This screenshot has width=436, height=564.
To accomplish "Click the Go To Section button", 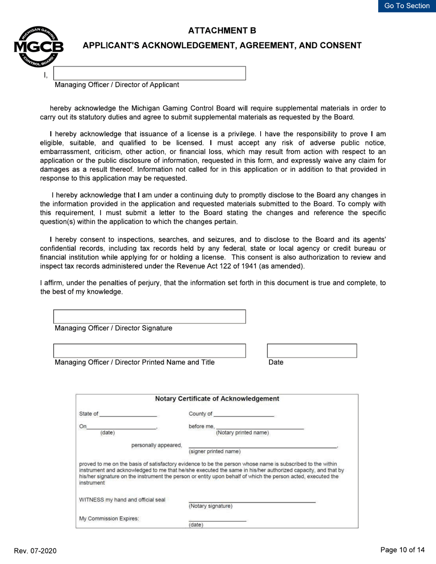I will point(407,6).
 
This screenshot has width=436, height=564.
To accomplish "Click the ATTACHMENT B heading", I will point(222,31).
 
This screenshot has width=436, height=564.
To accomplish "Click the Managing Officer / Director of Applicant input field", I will point(150,73).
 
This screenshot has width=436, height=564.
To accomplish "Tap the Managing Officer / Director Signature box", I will point(150,317).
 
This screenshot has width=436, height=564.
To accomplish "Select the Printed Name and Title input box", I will point(150,351).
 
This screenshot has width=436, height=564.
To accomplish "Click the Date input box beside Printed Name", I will point(312,351).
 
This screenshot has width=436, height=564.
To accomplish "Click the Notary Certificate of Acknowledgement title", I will point(217,398).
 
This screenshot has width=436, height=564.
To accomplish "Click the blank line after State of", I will point(128,415).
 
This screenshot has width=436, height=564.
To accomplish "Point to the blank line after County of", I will point(244,415).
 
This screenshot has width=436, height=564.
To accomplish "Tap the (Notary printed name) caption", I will point(242,432).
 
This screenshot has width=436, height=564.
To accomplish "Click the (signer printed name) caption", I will point(214,451).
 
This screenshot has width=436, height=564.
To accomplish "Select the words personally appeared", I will point(157,445).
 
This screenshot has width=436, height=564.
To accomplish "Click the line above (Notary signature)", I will point(252,502).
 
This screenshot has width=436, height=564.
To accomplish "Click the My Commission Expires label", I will point(109,519).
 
